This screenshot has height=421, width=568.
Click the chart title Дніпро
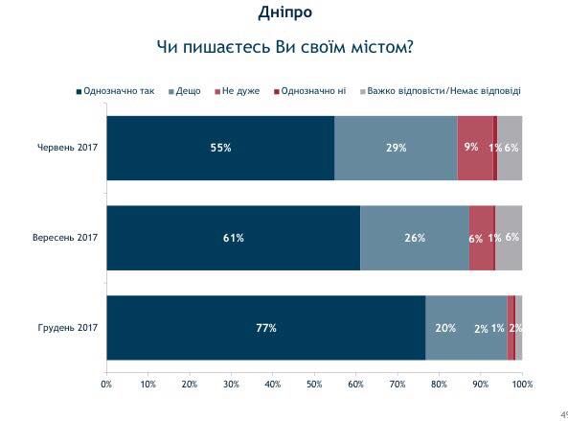pos(284,12)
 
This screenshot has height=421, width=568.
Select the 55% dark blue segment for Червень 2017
pos(220,148)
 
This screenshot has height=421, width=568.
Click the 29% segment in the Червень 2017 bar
pos(396,148)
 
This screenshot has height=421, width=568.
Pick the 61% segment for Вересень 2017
pos(233,238)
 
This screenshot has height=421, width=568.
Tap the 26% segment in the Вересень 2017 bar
pos(414,238)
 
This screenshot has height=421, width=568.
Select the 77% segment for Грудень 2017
pos(265,328)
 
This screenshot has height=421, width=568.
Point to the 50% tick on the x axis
pos(314,385)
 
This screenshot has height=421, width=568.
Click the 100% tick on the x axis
pos(521,385)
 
